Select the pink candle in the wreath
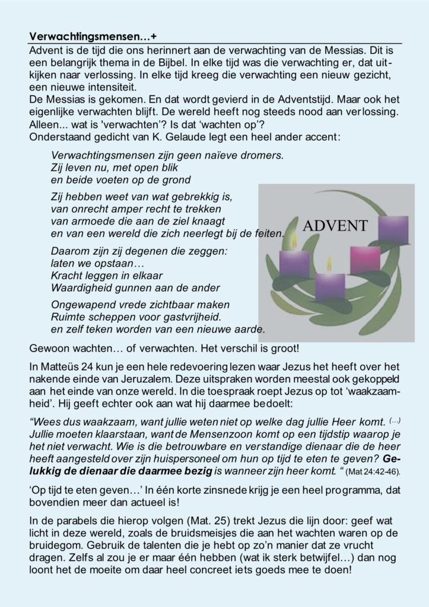366,259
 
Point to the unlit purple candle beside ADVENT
393,229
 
